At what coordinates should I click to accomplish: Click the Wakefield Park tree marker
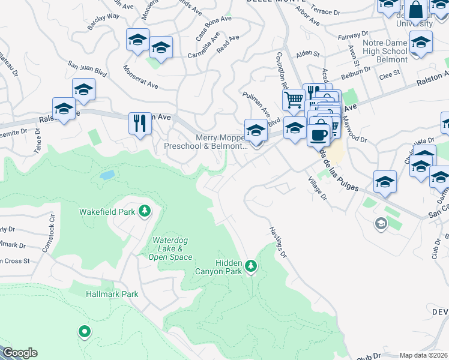144,211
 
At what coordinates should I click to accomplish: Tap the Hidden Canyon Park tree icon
251,265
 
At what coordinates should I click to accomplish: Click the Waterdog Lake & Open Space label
172,248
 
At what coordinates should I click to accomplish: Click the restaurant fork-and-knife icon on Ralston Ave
139,124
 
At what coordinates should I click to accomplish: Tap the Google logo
20,353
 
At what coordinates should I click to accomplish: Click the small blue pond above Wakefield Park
107,175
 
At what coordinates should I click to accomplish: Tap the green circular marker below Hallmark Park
85,331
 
